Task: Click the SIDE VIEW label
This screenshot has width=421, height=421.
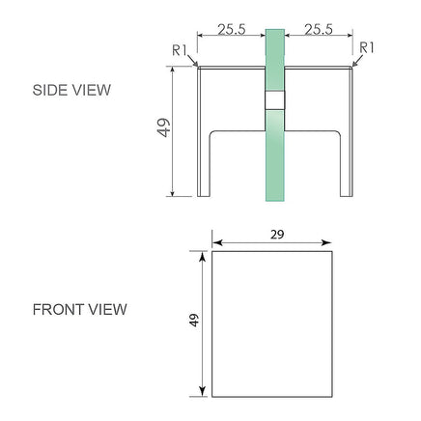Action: [71, 90]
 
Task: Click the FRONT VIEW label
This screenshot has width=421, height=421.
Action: [80, 310]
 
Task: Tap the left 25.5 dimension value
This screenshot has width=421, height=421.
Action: [232, 29]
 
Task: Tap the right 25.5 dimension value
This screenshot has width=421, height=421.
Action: [319, 29]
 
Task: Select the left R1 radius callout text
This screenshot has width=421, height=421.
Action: [180, 50]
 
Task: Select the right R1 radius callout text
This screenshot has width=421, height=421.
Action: [367, 47]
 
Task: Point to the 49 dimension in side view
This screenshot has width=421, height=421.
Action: [164, 127]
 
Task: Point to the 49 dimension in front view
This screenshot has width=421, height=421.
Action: [194, 321]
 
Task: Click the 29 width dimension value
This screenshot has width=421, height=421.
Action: [277, 235]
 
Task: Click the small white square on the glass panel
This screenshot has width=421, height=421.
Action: [275, 100]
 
